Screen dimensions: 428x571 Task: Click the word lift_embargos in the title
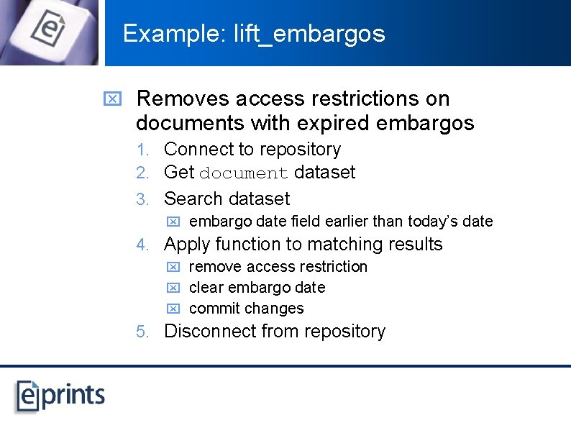click(309, 34)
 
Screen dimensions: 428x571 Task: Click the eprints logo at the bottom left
click(61, 395)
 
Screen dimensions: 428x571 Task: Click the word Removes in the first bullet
click(182, 99)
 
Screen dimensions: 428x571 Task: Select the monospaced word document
click(244, 173)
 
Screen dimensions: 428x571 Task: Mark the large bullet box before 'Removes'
click(112, 99)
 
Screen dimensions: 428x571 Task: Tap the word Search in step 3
click(191, 199)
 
